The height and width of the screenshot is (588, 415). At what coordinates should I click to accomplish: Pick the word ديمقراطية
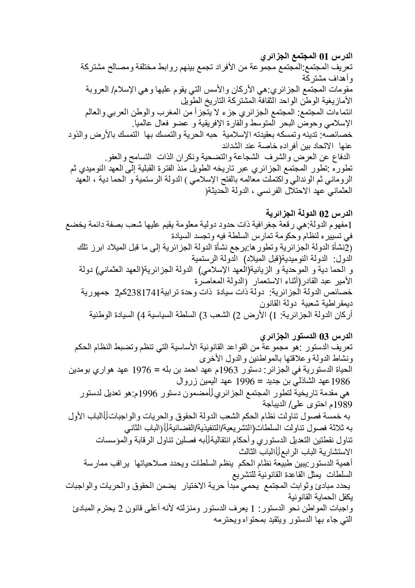(x=335, y=303)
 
